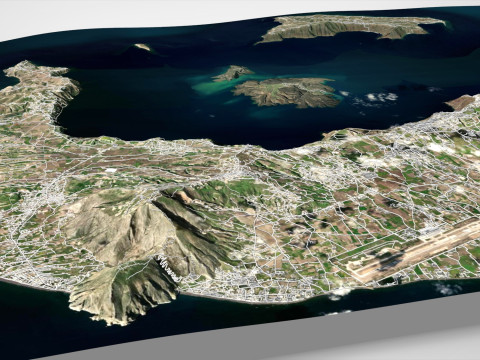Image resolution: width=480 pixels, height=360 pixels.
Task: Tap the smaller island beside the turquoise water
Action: click(233, 73)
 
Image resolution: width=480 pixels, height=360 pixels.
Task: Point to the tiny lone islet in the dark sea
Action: click(143, 46)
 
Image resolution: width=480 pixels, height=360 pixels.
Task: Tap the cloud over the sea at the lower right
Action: click(444, 289)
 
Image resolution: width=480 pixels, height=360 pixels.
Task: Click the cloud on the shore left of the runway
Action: click(341, 291)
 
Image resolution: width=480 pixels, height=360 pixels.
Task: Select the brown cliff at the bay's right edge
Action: click(460, 102)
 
